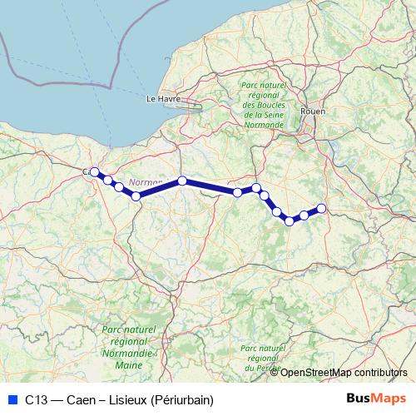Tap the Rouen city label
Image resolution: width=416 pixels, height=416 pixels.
click(x=315, y=111)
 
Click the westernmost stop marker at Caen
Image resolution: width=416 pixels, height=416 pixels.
click(x=95, y=172)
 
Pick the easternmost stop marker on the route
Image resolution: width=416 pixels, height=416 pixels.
click(x=321, y=208)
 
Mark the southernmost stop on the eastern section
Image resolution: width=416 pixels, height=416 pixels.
click(x=290, y=220)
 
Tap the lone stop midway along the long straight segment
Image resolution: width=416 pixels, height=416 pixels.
click(x=181, y=181)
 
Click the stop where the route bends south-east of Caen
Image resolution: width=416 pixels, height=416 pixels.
click(x=136, y=196)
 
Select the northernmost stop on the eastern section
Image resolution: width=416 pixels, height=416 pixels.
click(x=256, y=188)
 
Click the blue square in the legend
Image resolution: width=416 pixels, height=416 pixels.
click(x=11, y=399)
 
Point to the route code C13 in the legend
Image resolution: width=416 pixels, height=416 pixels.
click(x=36, y=399)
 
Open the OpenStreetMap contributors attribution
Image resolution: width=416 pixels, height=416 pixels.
click(x=344, y=372)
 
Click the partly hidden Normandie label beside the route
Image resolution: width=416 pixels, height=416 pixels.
click(x=146, y=182)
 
